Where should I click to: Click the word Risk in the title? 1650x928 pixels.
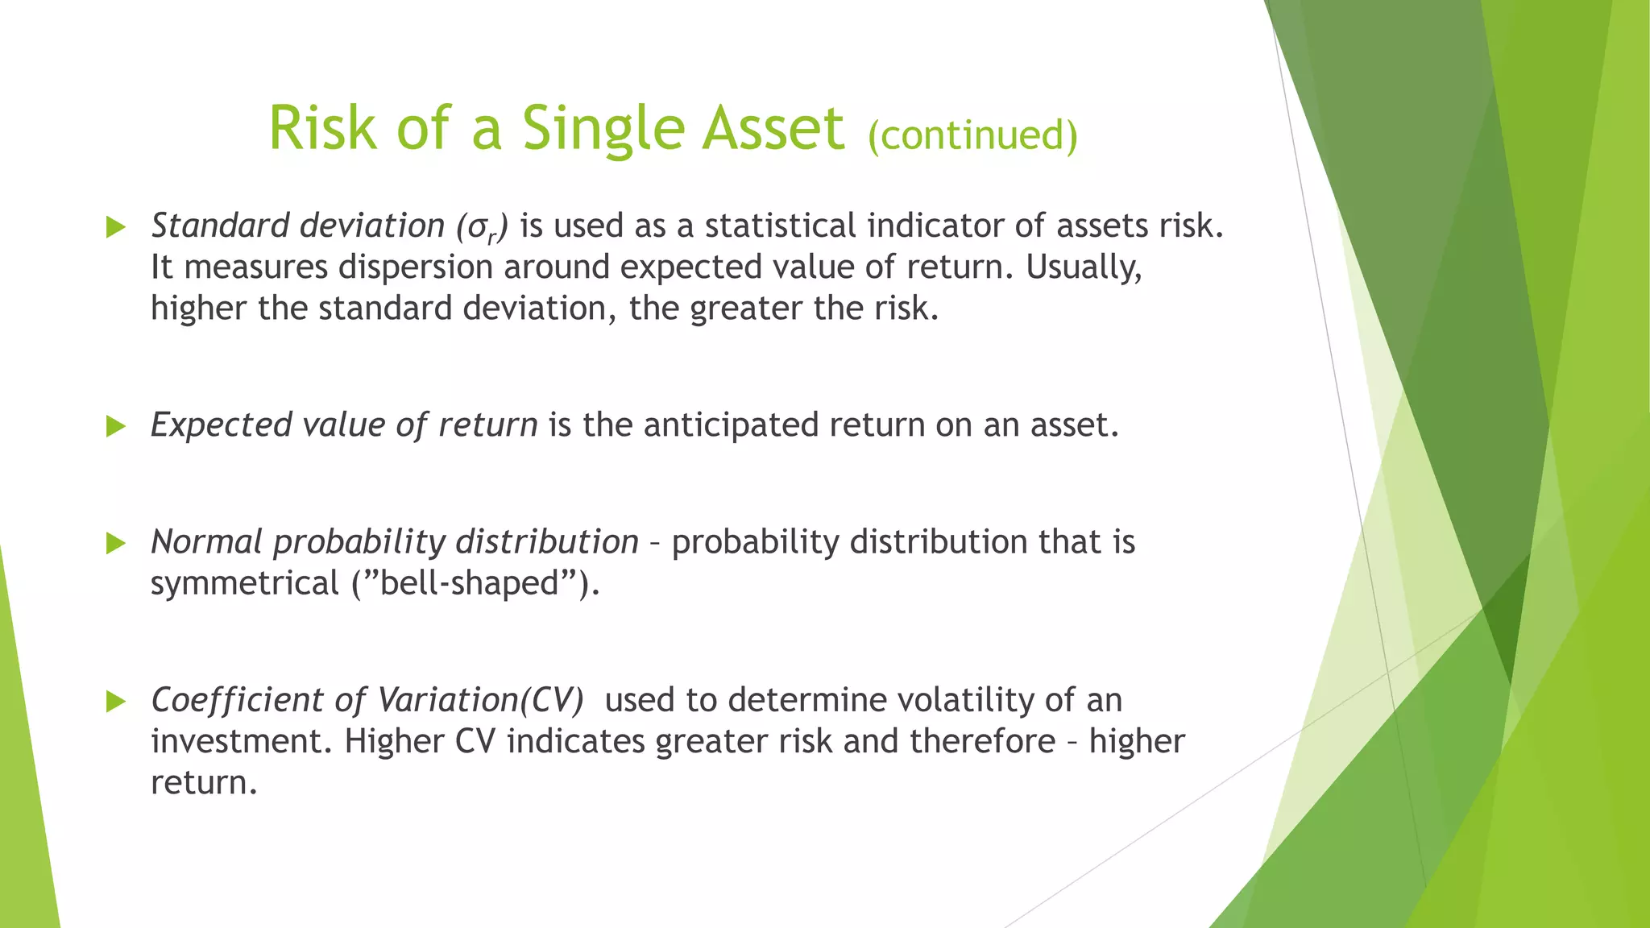tap(322, 128)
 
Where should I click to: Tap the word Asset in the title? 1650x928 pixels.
tap(773, 128)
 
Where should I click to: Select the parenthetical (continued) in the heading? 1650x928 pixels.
tap(972, 135)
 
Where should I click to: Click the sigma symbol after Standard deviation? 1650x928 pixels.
tap(475, 228)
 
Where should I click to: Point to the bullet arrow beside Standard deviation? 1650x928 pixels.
tap(116, 227)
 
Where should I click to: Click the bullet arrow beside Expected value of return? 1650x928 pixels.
tap(116, 426)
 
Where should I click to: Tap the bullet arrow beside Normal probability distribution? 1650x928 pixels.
tap(116, 543)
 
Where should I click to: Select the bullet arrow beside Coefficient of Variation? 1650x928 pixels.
tap(116, 701)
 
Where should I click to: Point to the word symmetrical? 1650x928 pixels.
tap(245, 583)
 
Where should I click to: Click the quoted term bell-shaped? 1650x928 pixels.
tap(471, 583)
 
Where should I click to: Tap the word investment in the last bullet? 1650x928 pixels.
tap(241, 741)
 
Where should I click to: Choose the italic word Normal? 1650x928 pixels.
tap(206, 542)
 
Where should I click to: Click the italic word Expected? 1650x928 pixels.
tap(221, 425)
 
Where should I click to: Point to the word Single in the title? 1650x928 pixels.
tap(601, 128)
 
